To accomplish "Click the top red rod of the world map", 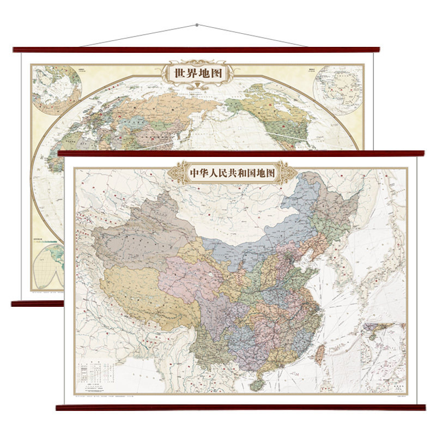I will point(196,50).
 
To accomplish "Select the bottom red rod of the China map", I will point(240,407).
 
